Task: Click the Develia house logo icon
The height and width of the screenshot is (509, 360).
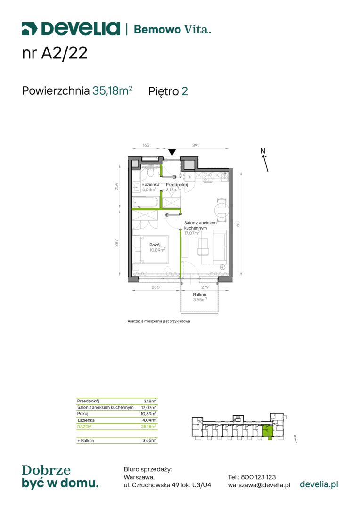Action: (30, 29)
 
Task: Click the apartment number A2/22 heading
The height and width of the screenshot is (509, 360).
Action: (55, 53)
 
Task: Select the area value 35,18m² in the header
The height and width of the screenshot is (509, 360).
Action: (112, 90)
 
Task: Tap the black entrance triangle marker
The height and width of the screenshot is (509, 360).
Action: (172, 152)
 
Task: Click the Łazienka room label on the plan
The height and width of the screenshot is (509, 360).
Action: (151, 184)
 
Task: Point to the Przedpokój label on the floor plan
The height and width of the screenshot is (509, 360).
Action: (177, 185)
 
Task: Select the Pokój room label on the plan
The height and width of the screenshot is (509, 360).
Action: (155, 245)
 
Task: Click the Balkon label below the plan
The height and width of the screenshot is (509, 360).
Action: (199, 295)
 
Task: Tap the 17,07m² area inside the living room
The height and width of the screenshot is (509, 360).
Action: (192, 233)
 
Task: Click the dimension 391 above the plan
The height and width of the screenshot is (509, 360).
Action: (196, 145)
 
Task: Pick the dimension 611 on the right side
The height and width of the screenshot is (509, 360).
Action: (238, 224)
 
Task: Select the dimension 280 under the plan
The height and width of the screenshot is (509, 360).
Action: (155, 287)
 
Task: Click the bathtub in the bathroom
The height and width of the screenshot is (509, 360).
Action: (146, 202)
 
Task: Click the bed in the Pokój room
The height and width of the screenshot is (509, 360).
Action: (152, 250)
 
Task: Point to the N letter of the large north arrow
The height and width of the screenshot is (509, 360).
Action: (263, 151)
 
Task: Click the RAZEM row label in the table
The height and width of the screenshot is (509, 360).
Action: (84, 427)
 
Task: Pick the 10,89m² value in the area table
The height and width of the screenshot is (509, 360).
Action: (149, 414)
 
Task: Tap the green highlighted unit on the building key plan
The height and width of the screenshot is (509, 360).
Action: (267, 431)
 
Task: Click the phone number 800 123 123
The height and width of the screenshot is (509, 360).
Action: (258, 477)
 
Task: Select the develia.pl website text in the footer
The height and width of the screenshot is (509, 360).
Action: (319, 484)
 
